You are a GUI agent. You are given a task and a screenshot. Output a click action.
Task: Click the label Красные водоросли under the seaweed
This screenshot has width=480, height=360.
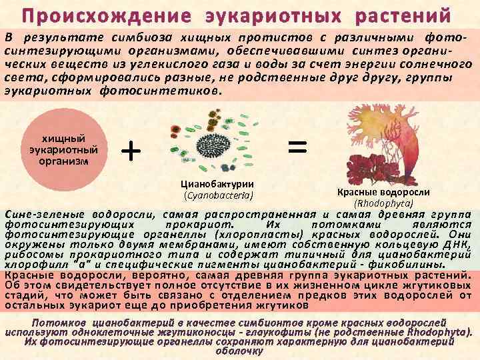(383, 193)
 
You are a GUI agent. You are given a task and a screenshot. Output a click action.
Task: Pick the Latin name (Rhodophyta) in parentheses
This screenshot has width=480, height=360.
(383, 203)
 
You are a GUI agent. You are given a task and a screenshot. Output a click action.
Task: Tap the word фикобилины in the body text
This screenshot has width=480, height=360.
(427, 264)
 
